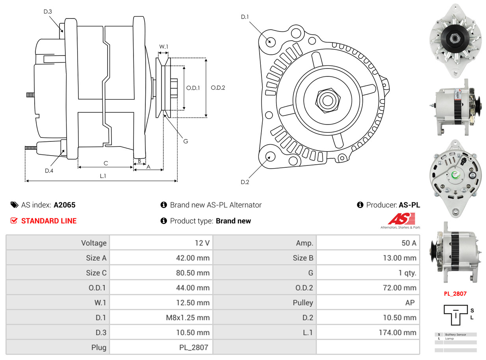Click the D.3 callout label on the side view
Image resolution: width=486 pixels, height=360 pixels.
[x=47, y=11]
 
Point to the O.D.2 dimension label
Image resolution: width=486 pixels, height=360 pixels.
[x=218, y=87]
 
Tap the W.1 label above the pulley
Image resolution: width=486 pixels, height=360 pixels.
[x=163, y=46]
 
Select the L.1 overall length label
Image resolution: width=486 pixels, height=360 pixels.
[x=103, y=176]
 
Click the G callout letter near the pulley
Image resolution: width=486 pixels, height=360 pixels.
[x=185, y=141]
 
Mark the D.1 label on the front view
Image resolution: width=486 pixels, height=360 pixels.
[x=245, y=17]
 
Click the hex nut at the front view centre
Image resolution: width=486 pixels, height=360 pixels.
[x=326, y=99]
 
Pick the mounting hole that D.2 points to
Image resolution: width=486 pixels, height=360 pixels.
[x=270, y=156]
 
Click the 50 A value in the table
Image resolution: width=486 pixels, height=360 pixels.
[x=408, y=243]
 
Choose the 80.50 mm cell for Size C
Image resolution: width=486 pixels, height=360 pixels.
[x=193, y=273]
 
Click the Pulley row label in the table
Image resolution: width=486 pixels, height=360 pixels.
[x=303, y=302]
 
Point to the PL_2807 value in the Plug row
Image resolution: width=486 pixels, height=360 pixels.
[x=194, y=347]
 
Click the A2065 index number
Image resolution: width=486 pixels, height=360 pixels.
[x=65, y=205]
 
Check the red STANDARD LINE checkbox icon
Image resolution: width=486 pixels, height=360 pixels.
[x=14, y=221]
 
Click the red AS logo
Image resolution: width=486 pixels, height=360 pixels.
[x=401, y=219]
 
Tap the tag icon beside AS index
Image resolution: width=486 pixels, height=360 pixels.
[x=14, y=205]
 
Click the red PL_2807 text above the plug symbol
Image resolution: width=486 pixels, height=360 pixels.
[x=455, y=293]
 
